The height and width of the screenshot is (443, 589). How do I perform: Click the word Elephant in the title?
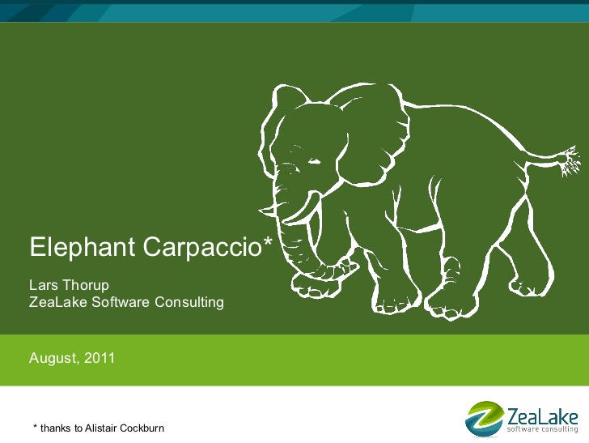tap(83, 248)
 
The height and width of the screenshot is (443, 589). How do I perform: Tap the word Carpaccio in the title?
tap(202, 248)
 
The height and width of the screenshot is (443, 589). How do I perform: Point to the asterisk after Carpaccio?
tap(267, 241)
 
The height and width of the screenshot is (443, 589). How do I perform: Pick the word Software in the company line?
tap(121, 302)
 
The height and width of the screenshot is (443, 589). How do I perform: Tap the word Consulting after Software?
tap(189, 303)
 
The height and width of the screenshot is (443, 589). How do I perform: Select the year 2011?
tap(100, 358)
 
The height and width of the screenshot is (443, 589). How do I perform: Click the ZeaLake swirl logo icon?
tap(485, 419)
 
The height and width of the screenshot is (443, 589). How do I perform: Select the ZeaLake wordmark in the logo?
tap(543, 416)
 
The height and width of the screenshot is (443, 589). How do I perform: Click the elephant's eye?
tap(315, 161)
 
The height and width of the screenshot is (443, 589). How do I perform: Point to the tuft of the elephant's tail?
tap(570, 161)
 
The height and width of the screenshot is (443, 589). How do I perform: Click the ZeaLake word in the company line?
tap(58, 302)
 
